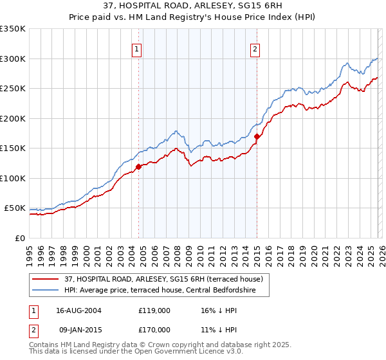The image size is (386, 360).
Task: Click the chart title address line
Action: (x=193, y=5)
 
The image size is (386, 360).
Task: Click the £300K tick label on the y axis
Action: (x=13, y=59)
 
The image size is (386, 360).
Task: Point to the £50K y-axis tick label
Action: (x=15, y=208)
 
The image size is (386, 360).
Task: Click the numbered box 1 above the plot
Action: (x=138, y=49)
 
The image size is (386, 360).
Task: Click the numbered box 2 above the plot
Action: (x=255, y=49)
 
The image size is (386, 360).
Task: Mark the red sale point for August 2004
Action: (x=138, y=166)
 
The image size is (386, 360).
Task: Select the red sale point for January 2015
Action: (x=257, y=136)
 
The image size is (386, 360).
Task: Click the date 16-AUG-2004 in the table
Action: (x=79, y=310)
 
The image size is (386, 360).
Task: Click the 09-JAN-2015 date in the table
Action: (x=79, y=329)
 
